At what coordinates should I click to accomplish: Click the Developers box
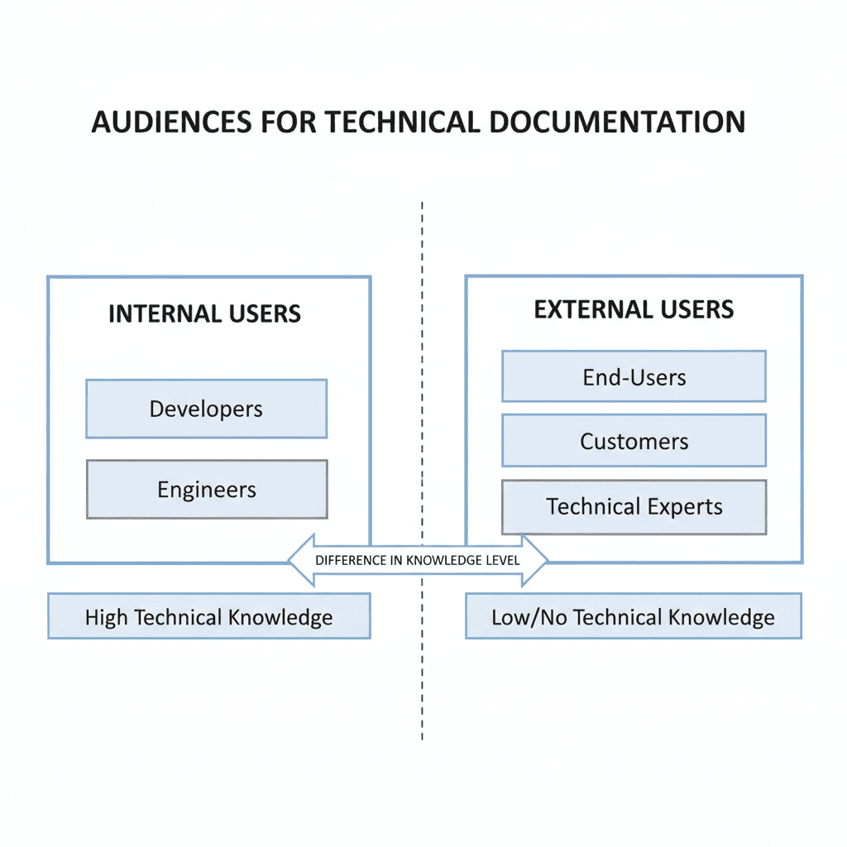[x=206, y=409]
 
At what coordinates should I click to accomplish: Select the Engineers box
[x=206, y=490]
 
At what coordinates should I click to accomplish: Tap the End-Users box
[x=634, y=377]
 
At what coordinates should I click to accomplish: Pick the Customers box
[x=634, y=441]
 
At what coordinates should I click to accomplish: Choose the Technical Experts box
[x=634, y=506]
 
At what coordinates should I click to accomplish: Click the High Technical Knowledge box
[x=208, y=617]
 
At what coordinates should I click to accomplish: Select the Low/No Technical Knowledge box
[x=633, y=617]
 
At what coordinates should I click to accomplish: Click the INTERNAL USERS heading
[x=204, y=314]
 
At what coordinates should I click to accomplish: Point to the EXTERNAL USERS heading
[x=634, y=310]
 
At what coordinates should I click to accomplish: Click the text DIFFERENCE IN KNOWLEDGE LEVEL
[x=418, y=560]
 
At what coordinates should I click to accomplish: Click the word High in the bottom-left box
[x=107, y=617]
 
